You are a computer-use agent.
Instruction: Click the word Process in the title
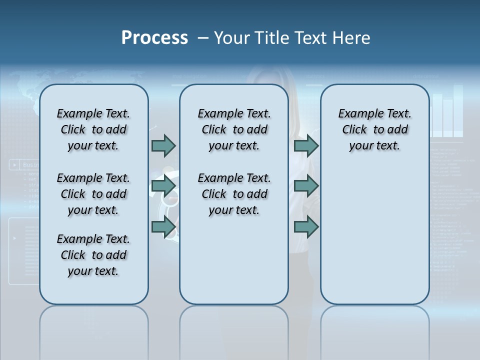154,38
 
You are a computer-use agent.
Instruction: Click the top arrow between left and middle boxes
163,145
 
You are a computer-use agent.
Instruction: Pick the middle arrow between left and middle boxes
163,186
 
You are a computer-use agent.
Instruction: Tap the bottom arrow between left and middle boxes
163,226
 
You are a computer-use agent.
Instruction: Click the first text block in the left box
93,129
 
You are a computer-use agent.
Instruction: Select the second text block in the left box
93,194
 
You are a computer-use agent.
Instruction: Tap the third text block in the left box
93,255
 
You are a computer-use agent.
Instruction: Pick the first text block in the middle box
234,129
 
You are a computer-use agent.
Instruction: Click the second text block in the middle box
234,194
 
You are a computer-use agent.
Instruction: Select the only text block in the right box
374,129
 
